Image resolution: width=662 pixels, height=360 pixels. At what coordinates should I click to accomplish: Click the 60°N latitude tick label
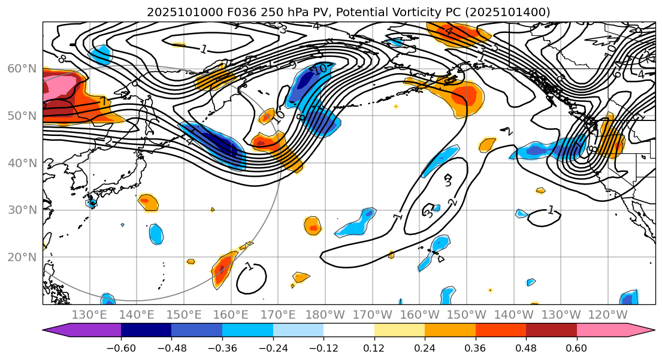click(21, 68)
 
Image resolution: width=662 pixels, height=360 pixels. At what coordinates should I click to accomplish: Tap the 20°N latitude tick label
click(21, 257)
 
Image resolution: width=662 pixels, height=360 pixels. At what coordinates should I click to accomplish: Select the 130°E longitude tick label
click(89, 315)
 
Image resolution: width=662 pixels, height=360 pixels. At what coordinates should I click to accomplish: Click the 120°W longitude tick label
click(608, 315)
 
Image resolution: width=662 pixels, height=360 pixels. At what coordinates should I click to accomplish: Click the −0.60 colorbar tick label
click(121, 348)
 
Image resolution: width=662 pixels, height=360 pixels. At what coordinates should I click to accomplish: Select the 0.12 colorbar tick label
click(374, 348)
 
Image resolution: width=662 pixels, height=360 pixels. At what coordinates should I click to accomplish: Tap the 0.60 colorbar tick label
click(577, 348)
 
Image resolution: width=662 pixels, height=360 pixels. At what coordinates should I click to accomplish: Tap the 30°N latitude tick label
click(21, 210)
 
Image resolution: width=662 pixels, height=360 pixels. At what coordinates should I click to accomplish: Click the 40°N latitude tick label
click(21, 163)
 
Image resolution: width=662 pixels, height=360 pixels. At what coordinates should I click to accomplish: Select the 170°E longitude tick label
click(277, 315)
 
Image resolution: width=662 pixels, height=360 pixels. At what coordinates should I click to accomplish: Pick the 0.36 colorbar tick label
click(476, 348)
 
